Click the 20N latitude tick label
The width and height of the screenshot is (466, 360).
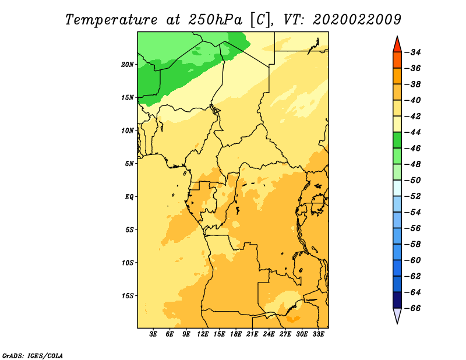pos(128,65)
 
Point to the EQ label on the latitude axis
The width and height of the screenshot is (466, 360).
pos(129,197)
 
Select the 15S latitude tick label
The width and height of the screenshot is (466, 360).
pos(128,296)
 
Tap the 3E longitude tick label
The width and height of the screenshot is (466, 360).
pos(153,334)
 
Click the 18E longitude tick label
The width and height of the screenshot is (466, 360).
pos(236,334)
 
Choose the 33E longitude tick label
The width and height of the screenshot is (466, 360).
pos(318,334)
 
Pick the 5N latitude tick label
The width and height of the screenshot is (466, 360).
pos(129,164)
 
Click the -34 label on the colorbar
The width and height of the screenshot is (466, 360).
pos(412,52)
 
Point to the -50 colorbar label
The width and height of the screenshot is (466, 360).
pos(412,181)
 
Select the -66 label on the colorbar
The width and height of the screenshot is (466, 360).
pos(412,308)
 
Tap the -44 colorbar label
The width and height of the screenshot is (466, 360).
pos(412,132)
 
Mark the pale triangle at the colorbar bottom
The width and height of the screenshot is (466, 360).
pos(397,315)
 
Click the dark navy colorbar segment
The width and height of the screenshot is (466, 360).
pos(397,300)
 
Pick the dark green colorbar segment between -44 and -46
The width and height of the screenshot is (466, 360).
pos(397,140)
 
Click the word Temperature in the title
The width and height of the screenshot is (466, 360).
pos(111,20)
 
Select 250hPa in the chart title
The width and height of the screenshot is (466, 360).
pos(216,20)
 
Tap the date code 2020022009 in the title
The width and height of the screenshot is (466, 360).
pos(357,20)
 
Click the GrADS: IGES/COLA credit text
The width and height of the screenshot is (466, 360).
pos(33,356)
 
